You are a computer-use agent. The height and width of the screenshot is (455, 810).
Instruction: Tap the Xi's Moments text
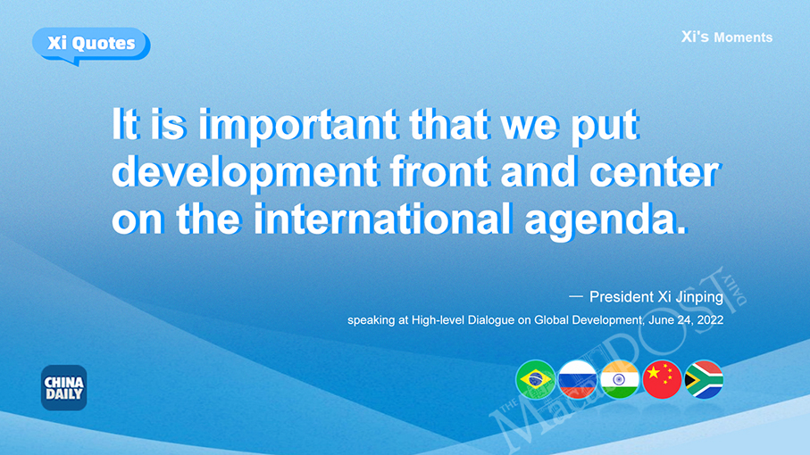pyautogui.click(x=726, y=37)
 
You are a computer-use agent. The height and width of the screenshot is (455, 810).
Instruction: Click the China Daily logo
pyautogui.click(x=64, y=387)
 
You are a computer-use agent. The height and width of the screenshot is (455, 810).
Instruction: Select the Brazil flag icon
pyautogui.click(x=536, y=380)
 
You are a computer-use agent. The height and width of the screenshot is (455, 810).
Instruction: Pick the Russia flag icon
pyautogui.click(x=578, y=380)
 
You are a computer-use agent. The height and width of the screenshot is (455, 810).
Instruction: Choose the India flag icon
pyautogui.click(x=620, y=380)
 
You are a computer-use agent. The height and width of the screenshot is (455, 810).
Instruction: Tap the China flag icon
pyautogui.click(x=663, y=380)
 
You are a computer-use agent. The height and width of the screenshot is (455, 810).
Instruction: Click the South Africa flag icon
pyautogui.click(x=704, y=380)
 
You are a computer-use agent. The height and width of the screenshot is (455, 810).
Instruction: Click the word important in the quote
pyautogui.click(x=298, y=126)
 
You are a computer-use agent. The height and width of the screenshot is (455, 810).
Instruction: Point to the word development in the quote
pyautogui.click(x=245, y=173)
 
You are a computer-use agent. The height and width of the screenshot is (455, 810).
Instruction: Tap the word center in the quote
pyautogui.click(x=654, y=173)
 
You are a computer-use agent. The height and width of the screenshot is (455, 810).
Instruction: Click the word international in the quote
pyautogui.click(x=382, y=219)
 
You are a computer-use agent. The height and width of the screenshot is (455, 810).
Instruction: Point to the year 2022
pyautogui.click(x=710, y=320)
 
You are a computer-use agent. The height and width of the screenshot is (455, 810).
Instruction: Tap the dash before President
pyautogui.click(x=575, y=296)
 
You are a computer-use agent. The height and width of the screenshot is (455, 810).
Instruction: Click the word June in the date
pyautogui.click(x=661, y=320)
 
